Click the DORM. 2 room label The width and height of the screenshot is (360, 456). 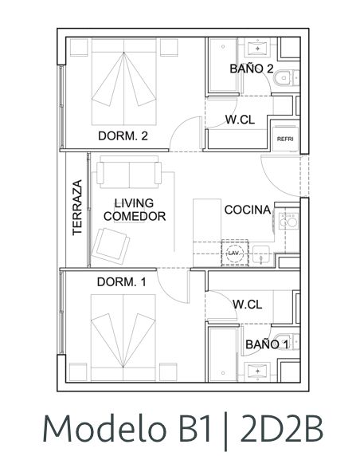[x=123, y=136]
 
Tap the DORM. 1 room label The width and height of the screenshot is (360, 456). [x=121, y=281]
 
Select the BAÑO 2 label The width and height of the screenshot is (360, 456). [x=252, y=69]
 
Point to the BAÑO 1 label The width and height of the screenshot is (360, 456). [x=268, y=344]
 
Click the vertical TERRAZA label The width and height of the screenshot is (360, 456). [x=77, y=207]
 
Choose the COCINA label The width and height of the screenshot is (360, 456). [x=248, y=210]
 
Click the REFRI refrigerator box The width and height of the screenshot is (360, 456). [x=285, y=139]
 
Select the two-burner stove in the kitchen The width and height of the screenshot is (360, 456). [x=288, y=221]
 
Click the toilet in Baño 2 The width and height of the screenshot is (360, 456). [x=286, y=77]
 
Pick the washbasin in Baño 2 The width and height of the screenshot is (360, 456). [x=257, y=49]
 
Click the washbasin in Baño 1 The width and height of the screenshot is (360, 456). [x=257, y=371]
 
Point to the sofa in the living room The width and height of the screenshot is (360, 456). [x=129, y=172]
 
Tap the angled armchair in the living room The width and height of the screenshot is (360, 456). [x=111, y=246]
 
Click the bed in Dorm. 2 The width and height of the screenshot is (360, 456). [x=124, y=82]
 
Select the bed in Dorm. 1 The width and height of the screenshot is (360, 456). [x=123, y=337]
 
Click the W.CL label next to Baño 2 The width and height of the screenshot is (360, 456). [x=240, y=120]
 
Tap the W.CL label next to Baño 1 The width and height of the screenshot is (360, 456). [x=247, y=305]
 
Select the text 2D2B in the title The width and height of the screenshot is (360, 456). [x=281, y=429]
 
